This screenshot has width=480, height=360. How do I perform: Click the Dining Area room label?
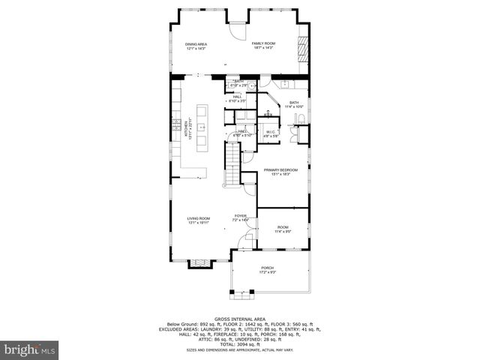(x=196, y=46)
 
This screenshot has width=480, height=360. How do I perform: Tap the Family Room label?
(x=263, y=46)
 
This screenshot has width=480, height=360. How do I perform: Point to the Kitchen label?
(x=178, y=129)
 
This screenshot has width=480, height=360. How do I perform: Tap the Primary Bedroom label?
(x=280, y=172)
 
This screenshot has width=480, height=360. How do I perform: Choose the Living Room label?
(x=198, y=220)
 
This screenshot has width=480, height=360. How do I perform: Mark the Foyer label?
(x=240, y=217)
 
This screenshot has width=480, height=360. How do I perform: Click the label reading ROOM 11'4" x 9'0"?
(x=283, y=229)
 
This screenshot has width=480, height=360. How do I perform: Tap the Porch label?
(x=267, y=269)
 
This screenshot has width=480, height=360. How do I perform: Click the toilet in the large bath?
(x=298, y=120)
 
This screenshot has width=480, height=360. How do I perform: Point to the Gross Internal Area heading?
(x=239, y=319)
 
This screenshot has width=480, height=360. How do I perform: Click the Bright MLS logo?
(x=30, y=349)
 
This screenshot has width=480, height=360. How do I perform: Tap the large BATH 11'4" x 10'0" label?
(x=294, y=104)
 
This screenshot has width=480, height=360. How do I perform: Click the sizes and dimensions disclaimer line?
(x=239, y=349)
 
